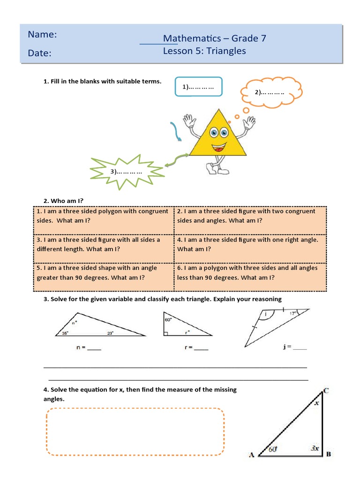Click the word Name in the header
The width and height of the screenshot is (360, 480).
(42, 35)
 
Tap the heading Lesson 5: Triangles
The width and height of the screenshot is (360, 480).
(204, 51)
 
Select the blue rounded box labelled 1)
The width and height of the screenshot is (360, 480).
(198, 87)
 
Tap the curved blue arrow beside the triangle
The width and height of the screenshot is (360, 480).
(176, 131)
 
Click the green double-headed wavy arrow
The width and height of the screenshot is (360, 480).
(177, 160)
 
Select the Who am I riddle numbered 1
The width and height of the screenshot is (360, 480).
(103, 216)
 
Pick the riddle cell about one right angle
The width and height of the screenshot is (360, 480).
(250, 244)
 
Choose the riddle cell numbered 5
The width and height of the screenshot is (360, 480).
(103, 273)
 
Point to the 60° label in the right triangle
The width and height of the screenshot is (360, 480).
(167, 319)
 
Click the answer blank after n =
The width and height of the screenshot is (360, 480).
(94, 348)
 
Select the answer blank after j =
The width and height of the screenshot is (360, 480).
(300, 347)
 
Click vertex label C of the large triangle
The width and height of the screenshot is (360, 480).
(326, 390)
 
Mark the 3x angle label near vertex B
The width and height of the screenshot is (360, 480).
(315, 448)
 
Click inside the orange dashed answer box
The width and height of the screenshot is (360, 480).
(135, 431)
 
